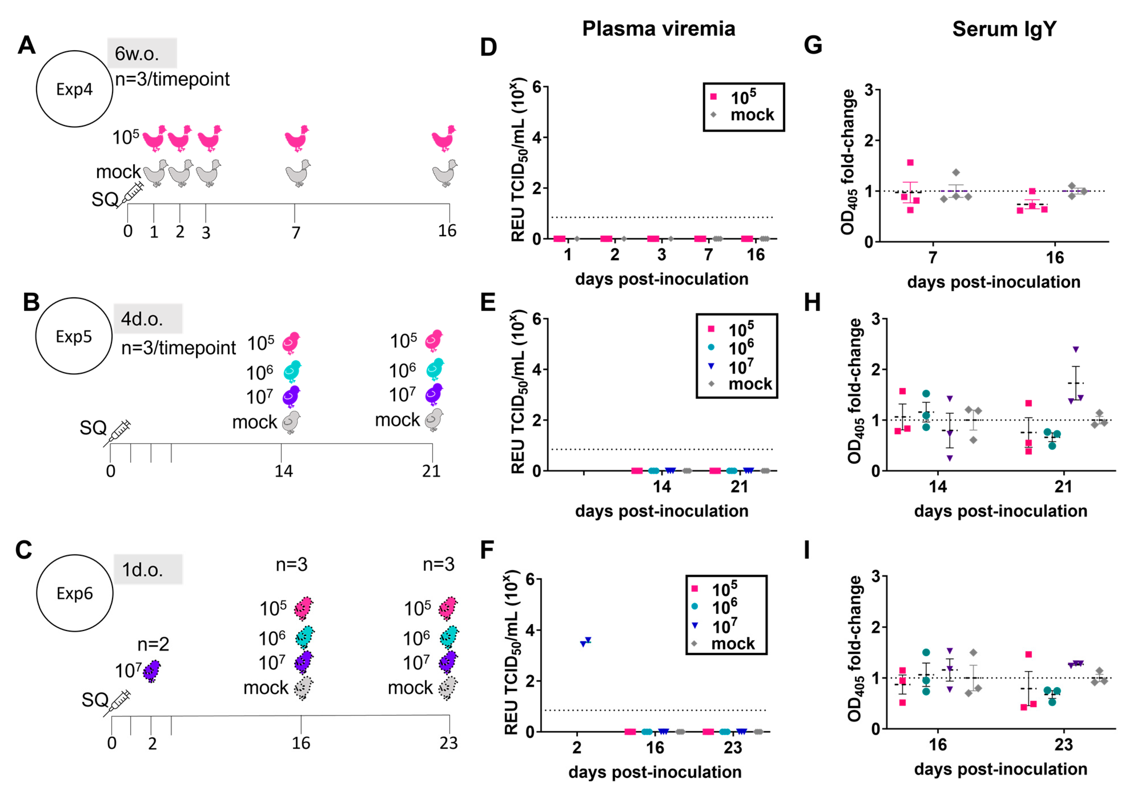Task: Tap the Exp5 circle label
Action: pyautogui.click(x=74, y=336)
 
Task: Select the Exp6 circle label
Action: pyautogui.click(x=75, y=593)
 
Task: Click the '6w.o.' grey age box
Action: pyautogui.click(x=142, y=53)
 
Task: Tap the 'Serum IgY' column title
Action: pyautogui.click(x=1004, y=29)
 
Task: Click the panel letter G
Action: pyautogui.click(x=813, y=46)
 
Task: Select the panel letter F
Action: pyautogui.click(x=486, y=550)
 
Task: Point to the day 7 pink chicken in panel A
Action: pyautogui.click(x=297, y=138)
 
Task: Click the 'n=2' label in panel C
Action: pyautogui.click(x=153, y=644)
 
